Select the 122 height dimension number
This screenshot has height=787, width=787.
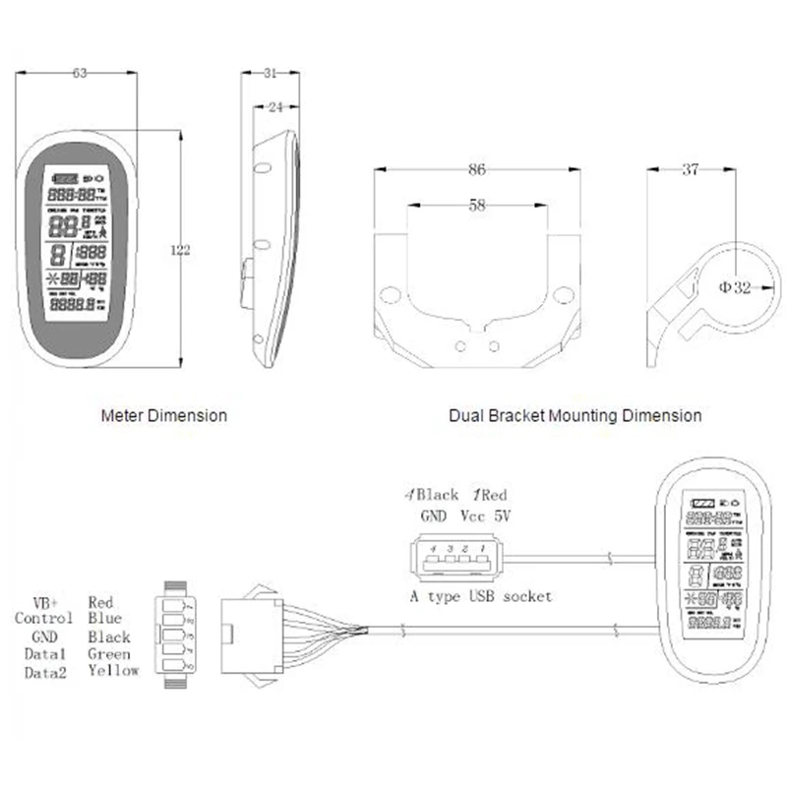180,250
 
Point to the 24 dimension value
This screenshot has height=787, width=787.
276,106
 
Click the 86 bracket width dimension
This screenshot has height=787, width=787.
477,170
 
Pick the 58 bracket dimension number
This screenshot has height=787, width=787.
477,206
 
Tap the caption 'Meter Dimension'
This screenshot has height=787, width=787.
164,415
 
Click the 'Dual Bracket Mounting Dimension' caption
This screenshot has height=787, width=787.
575,415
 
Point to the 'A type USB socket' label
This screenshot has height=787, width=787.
480,596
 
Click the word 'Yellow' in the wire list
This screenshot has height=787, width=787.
113,671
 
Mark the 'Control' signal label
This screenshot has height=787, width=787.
43,619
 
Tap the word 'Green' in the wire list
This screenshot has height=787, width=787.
109,653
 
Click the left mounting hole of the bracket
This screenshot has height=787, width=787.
391,294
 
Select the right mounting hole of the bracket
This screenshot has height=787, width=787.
563,294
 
